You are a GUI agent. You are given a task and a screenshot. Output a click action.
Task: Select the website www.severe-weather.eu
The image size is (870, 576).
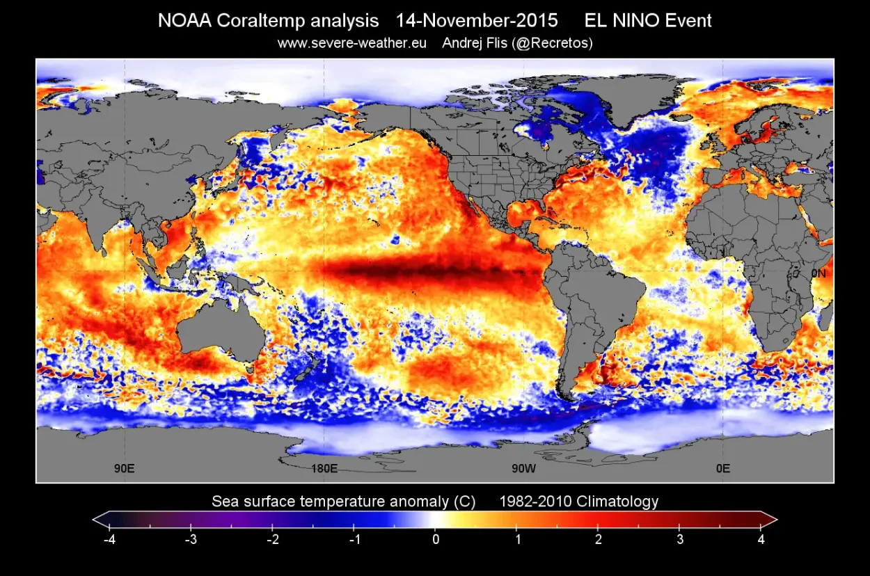pyautogui.click(x=352, y=43)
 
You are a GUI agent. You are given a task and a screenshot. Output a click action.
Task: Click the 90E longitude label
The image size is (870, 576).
pyautogui.click(x=125, y=468)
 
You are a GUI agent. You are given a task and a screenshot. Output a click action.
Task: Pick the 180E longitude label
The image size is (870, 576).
pyautogui.click(x=324, y=468)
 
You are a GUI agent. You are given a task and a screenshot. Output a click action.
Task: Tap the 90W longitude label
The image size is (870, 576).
pyautogui.click(x=523, y=468)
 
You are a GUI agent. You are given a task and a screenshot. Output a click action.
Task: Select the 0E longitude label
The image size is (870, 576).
pyautogui.click(x=723, y=468)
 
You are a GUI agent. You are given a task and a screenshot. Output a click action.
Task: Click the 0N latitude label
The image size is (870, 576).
pyautogui.click(x=818, y=273)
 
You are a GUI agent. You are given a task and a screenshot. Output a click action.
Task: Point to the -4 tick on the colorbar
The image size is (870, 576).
pyautogui.click(x=109, y=539)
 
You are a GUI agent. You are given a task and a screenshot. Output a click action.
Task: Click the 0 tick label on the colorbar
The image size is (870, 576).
pyautogui.click(x=435, y=539)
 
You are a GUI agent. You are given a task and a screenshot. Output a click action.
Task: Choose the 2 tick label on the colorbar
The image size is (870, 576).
pyautogui.click(x=599, y=539)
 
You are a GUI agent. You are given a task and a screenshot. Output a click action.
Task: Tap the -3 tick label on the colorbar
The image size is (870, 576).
pyautogui.click(x=190, y=539)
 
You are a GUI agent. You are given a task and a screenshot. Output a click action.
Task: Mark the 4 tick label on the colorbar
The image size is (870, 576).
pyautogui.click(x=761, y=539)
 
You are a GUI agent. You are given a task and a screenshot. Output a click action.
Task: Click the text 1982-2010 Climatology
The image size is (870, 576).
pyautogui.click(x=578, y=502)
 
